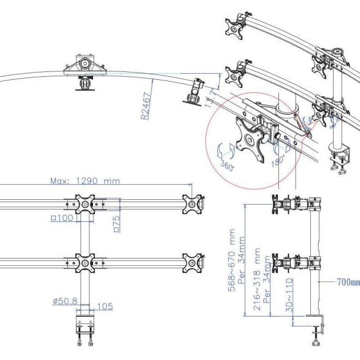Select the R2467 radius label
click(x=146, y=106)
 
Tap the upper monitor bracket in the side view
click(x=294, y=203)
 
